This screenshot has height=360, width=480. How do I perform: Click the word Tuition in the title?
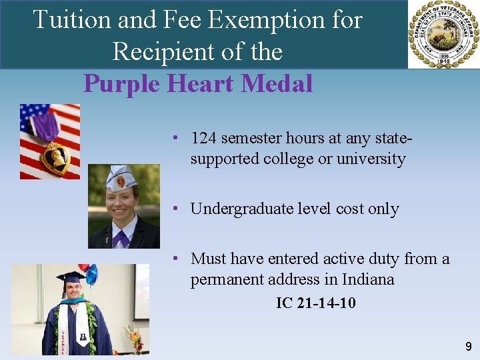72,20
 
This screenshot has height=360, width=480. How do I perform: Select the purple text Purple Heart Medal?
198,84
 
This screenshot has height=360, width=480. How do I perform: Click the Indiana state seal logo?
443,35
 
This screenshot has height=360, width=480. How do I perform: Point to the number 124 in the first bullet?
203,138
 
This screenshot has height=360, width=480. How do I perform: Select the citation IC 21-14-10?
316,303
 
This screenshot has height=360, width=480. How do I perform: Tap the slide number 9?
468,347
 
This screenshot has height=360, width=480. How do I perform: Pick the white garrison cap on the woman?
122,177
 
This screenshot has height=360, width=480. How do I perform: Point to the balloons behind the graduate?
88,272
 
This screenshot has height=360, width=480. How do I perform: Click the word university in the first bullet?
371,159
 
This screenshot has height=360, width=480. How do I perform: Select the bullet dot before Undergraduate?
173,208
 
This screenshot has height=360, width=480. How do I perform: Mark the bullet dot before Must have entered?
173,257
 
